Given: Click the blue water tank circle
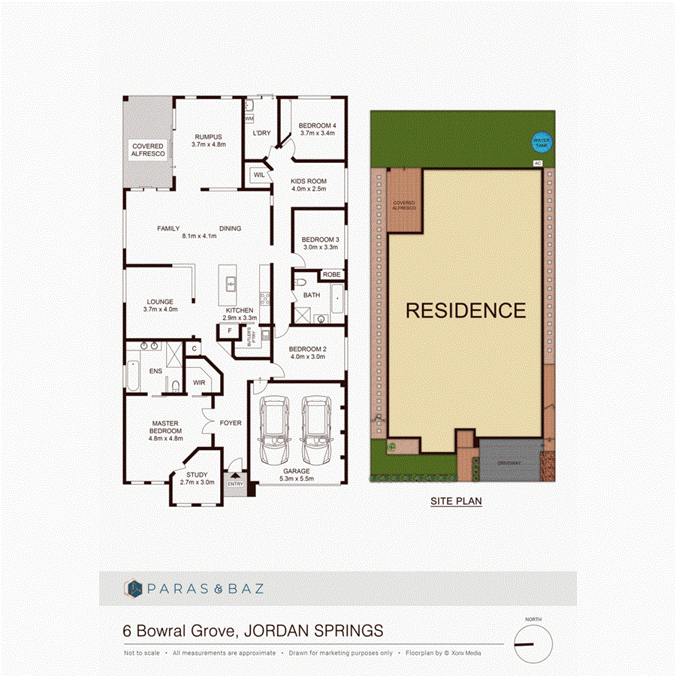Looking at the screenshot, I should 541,141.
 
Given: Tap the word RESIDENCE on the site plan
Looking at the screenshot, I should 466,310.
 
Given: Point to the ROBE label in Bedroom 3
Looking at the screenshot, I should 331,275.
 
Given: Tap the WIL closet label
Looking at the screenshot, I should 259,174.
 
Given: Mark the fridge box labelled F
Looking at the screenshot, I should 229,330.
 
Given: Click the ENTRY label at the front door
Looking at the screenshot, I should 235,483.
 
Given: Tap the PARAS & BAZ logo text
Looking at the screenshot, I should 206,588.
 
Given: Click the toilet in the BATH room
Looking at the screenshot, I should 300,283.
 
